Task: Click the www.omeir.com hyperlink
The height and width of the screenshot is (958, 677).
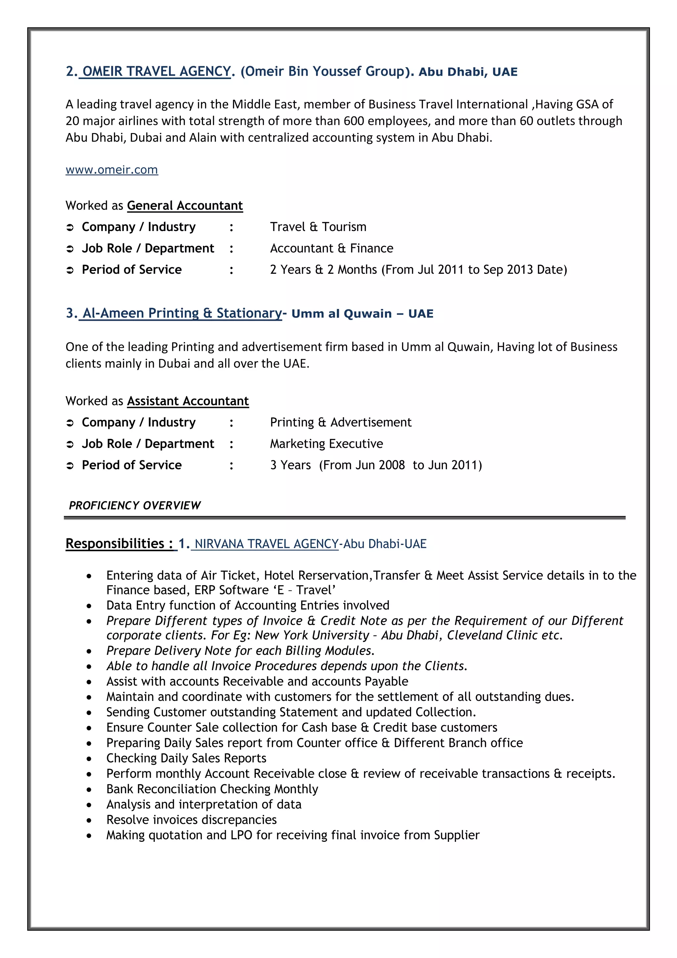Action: [112, 170]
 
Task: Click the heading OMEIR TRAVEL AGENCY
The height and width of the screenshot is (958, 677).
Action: [156, 71]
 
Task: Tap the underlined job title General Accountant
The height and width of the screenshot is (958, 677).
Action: [185, 206]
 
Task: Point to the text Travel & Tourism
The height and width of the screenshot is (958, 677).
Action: [318, 227]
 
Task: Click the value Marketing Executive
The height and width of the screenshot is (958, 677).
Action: [326, 443]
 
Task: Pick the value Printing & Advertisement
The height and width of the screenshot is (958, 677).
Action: [340, 422]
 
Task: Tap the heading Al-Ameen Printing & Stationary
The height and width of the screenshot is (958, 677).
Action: [182, 313]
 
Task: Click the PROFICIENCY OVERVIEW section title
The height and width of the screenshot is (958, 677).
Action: [135, 506]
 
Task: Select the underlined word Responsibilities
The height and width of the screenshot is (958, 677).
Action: [115, 544]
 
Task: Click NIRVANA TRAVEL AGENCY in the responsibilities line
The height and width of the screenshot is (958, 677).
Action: [266, 544]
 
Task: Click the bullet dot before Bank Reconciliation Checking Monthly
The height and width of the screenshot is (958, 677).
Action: [89, 790]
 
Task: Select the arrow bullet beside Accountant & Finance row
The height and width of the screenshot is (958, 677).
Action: [70, 249]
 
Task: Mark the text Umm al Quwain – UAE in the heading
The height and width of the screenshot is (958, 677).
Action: [362, 314]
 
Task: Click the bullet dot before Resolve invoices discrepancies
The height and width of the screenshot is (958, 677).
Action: [89, 820]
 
